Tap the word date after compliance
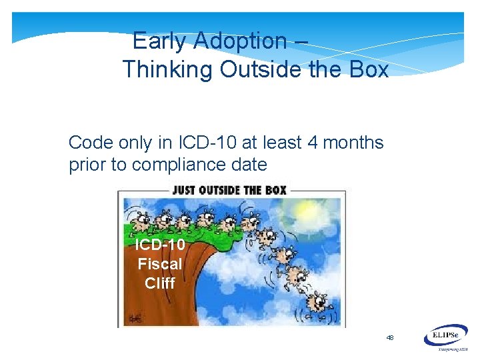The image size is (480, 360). [x=247, y=165]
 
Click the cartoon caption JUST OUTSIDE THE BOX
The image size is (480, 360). [x=229, y=190]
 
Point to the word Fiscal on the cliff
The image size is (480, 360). [x=160, y=264]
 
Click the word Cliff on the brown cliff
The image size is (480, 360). [x=160, y=283]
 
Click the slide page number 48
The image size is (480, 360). [x=390, y=338]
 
